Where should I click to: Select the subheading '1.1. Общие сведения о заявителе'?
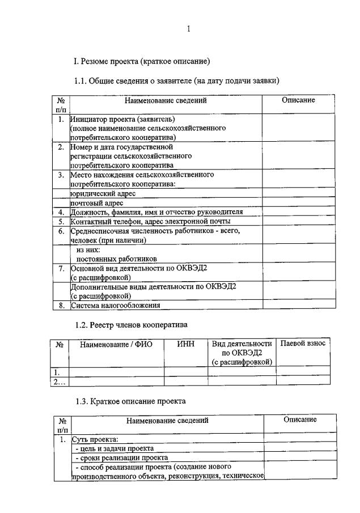click(x=177, y=81)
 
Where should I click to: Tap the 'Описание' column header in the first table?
click(x=298, y=100)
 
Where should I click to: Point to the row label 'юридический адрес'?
click(x=99, y=193)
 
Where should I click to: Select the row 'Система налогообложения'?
click(x=115, y=305)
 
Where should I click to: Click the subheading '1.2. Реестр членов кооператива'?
click(x=131, y=325)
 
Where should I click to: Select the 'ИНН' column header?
click(x=185, y=344)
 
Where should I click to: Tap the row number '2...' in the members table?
click(x=60, y=381)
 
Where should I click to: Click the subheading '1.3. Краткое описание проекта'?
click(x=130, y=401)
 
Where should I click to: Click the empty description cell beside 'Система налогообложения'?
click(x=299, y=305)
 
